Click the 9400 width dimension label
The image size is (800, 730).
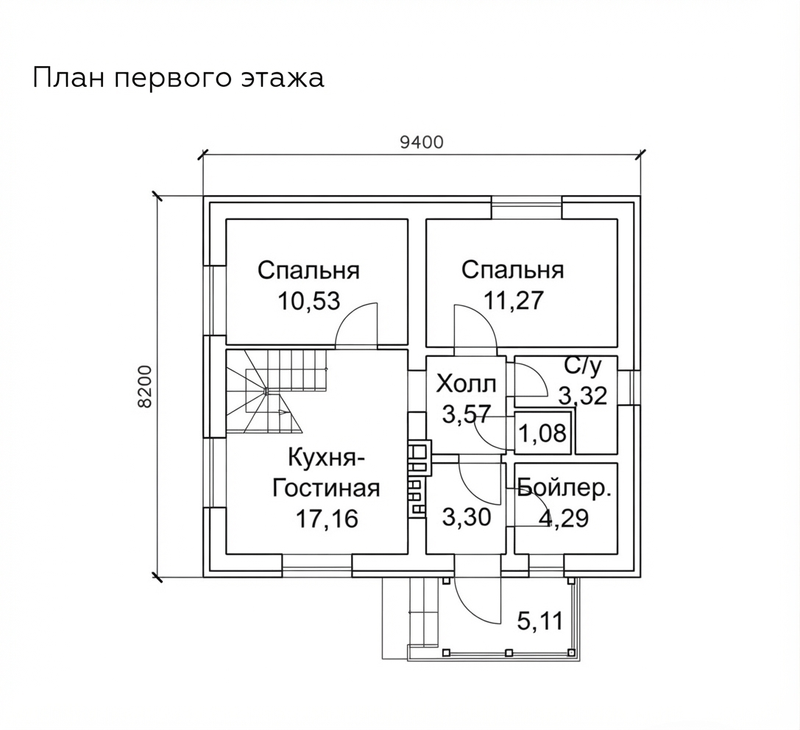[x=422, y=143]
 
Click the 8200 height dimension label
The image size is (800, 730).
[x=146, y=386]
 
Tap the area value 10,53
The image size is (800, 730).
[x=308, y=302]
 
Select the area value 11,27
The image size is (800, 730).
[x=513, y=301]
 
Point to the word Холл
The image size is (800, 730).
[x=466, y=384]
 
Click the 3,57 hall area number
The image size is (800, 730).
[x=466, y=414]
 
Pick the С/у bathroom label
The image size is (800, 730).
[x=584, y=366]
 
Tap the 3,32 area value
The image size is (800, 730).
[x=583, y=396]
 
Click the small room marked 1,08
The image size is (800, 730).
[x=542, y=433]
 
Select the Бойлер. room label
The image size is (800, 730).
[x=564, y=489]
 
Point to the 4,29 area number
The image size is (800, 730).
[x=563, y=518]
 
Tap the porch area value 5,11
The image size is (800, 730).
[x=539, y=621]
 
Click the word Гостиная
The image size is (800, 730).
[x=326, y=488]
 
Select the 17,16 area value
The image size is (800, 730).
[x=327, y=519]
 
